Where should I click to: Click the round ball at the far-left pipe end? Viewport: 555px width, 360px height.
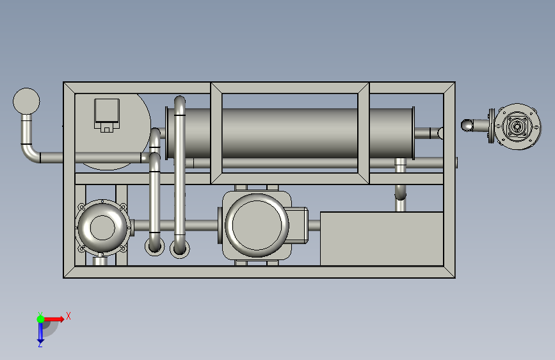pyautogui.click(x=26, y=101)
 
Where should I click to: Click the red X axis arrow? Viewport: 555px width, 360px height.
pyautogui.click(x=53, y=319)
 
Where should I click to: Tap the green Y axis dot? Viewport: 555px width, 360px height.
pyautogui.click(x=40, y=319)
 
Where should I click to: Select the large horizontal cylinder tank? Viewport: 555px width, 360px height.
pyautogui.click(x=290, y=133)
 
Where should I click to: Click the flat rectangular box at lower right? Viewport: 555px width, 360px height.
pyautogui.click(x=382, y=238)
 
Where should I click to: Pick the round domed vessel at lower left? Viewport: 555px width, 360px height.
pyautogui.click(x=102, y=227)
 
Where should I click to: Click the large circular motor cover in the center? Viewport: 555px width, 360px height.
pyautogui.click(x=257, y=225)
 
